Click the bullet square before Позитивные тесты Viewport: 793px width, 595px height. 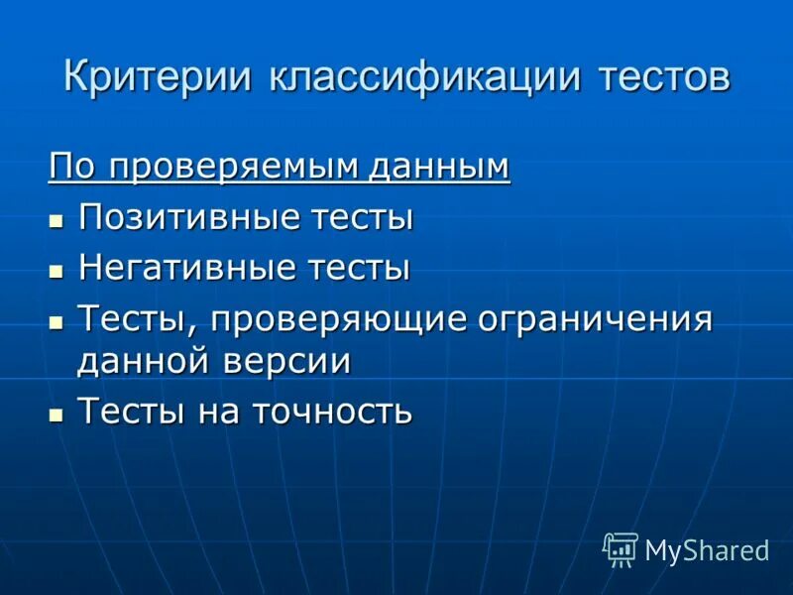(x=57, y=220)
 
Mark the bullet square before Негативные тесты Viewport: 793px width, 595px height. (x=57, y=271)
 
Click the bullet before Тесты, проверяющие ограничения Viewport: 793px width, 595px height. (x=57, y=321)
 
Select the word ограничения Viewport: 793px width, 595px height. (x=596, y=319)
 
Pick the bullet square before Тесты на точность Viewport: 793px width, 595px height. (x=57, y=414)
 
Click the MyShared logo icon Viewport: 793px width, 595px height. (x=621, y=548)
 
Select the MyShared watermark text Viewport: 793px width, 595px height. (x=707, y=550)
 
